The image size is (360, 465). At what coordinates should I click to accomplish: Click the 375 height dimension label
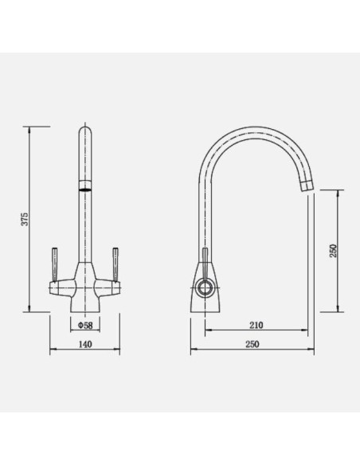click(x=25, y=219)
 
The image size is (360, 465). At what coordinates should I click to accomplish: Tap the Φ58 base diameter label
click(x=85, y=326)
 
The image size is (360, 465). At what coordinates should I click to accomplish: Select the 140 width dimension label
click(x=85, y=344)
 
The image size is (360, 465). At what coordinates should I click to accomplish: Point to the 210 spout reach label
click(x=256, y=326)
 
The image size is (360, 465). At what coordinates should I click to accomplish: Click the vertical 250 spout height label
click(x=333, y=251)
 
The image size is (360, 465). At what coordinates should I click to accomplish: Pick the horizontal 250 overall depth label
click(x=252, y=344)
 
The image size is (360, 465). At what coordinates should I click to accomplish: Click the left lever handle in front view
click(x=55, y=264)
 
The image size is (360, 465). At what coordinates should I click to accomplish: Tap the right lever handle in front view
click(x=115, y=264)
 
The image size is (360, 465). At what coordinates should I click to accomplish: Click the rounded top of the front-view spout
click(x=85, y=129)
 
